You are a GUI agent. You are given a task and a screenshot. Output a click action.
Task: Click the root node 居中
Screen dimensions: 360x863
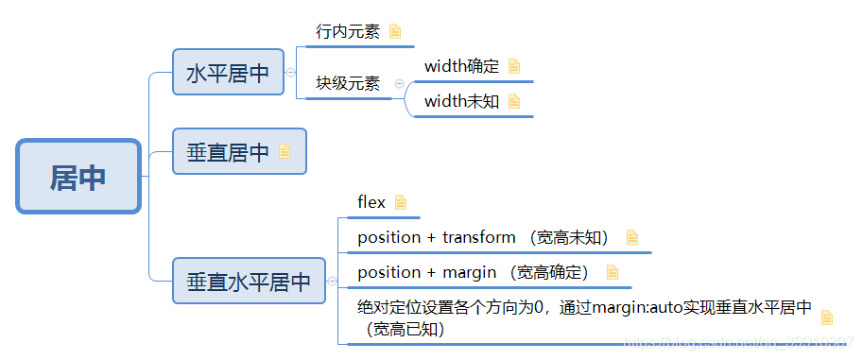point(78,177)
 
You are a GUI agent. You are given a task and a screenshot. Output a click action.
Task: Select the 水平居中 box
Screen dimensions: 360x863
point(228,73)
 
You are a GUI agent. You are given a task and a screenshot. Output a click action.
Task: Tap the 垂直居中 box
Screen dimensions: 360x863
point(228,151)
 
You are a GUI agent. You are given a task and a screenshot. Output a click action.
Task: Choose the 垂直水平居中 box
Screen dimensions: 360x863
point(249,281)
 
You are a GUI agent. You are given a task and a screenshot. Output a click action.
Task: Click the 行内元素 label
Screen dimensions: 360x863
point(348,31)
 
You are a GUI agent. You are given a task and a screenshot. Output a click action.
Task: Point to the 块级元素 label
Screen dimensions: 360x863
point(348,84)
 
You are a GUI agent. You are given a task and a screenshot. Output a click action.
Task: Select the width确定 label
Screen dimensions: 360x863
point(461,66)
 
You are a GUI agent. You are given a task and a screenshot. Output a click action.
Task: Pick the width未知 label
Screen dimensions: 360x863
point(461,101)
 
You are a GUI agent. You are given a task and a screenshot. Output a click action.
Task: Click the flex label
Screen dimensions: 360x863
point(371,201)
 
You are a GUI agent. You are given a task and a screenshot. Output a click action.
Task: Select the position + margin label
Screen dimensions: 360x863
point(426,272)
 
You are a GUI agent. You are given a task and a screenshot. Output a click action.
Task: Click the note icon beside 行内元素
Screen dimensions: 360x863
point(394,31)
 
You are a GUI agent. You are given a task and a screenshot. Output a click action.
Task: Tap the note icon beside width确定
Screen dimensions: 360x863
point(514,66)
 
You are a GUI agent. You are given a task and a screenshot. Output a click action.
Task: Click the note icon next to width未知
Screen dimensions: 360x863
point(514,101)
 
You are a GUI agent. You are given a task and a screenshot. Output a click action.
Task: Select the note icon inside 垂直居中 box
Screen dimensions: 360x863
point(285,151)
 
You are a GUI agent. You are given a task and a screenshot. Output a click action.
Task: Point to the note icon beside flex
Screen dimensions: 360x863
point(401,201)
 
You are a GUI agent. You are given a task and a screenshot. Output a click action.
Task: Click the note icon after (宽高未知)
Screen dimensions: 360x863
point(632,237)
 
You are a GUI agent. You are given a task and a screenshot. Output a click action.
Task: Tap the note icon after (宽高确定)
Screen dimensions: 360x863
point(612,272)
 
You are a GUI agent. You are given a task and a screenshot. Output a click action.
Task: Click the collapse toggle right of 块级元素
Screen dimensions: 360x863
point(399,84)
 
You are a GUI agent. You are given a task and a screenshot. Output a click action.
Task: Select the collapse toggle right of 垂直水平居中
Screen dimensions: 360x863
point(331,281)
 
